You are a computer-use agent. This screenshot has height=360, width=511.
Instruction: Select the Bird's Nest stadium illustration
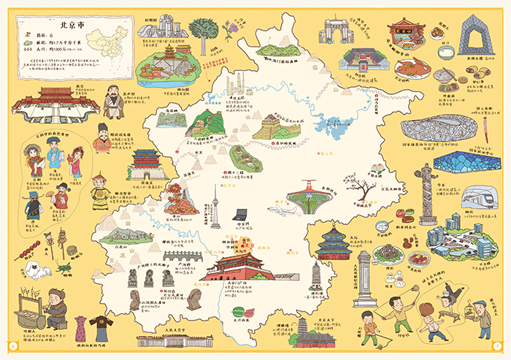tap(439, 128)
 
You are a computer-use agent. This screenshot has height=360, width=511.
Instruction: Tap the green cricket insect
tap(64, 268)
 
